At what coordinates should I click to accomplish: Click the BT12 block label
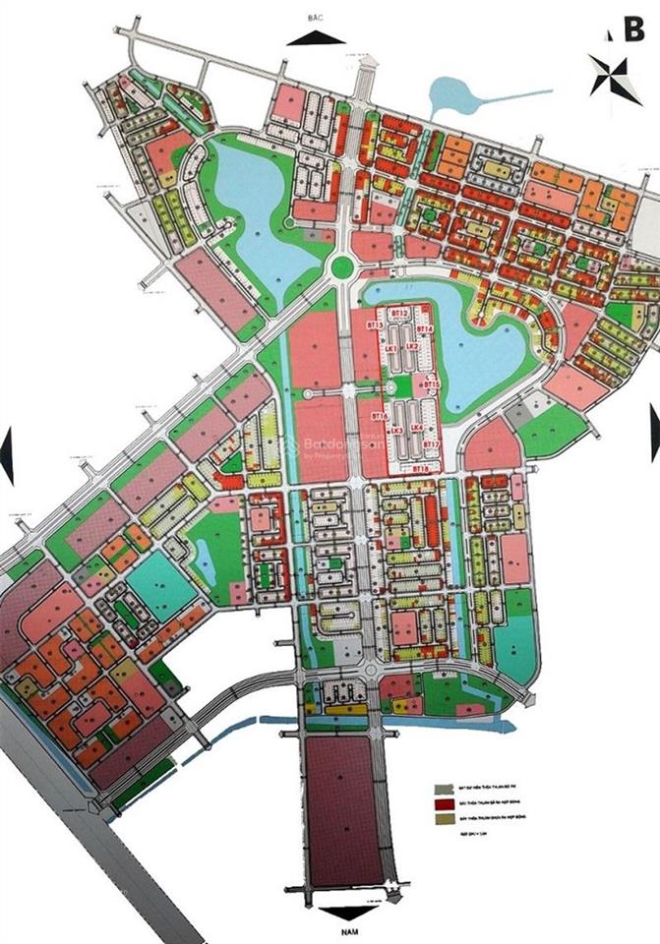398,312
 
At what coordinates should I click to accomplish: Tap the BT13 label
374,324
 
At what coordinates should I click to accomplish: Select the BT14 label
425,327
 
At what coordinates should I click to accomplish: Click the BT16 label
377,417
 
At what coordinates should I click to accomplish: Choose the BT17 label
430,445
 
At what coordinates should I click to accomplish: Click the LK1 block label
390,348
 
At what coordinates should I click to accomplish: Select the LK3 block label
396,431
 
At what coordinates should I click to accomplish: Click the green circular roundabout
342,265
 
